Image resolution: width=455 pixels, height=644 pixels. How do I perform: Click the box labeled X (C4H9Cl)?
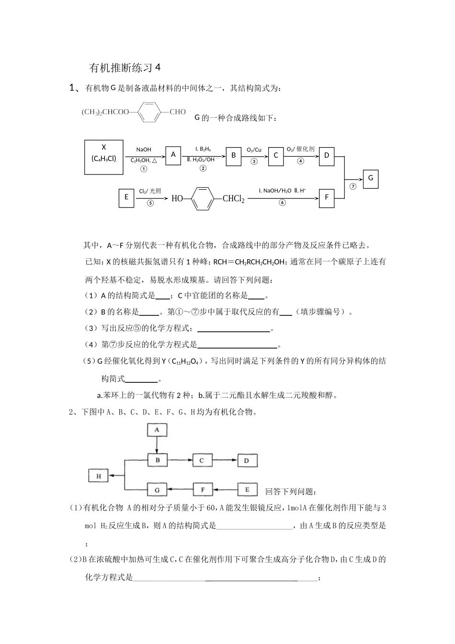pos(103,153)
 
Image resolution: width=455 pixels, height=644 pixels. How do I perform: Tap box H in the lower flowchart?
pos(99,476)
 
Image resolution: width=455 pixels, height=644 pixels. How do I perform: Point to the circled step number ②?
pos(203,168)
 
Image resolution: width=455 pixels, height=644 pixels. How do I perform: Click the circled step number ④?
pos(301,161)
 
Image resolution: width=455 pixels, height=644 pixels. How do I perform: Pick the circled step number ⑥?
pos(282,203)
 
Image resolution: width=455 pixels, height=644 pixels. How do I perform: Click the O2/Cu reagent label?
pos(254,150)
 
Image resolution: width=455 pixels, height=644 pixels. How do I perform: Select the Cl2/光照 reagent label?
pos(150,191)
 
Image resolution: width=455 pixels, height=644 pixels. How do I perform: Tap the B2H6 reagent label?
pos(203,149)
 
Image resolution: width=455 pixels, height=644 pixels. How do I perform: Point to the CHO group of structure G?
pos(177,112)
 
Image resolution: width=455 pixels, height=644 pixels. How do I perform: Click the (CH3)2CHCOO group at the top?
pos(105,112)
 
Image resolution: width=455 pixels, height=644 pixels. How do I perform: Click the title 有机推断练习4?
pos(124,68)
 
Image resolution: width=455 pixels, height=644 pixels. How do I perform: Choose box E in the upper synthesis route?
pos(126,197)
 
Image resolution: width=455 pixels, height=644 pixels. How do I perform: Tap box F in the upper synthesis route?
pos(327,197)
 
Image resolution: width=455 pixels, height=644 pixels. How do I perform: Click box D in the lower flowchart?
pos(247,460)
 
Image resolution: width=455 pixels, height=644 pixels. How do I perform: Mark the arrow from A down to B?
pos(157,445)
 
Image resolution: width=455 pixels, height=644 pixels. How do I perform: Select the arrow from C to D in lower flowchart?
pos(224,460)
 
